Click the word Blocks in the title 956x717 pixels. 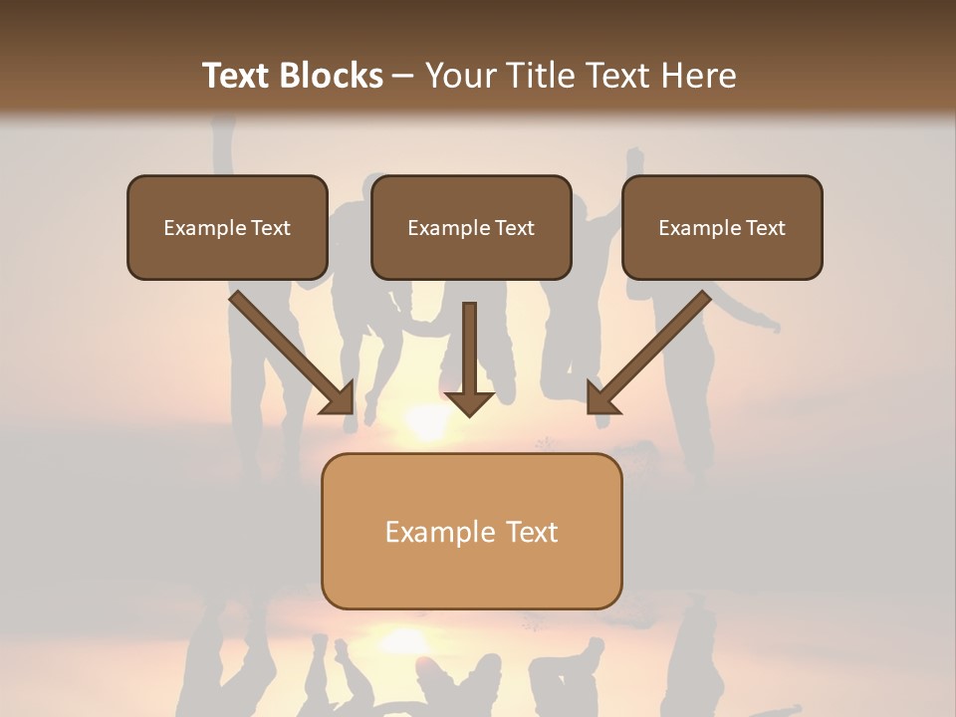[332, 76]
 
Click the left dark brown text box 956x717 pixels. [227, 228]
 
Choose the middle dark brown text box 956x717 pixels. [471, 228]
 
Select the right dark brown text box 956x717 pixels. [722, 228]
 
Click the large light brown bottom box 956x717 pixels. [471, 531]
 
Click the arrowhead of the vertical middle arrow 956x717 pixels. [469, 402]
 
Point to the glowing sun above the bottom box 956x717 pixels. [426, 422]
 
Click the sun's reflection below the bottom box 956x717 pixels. [403, 638]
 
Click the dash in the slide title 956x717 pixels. [403, 76]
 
